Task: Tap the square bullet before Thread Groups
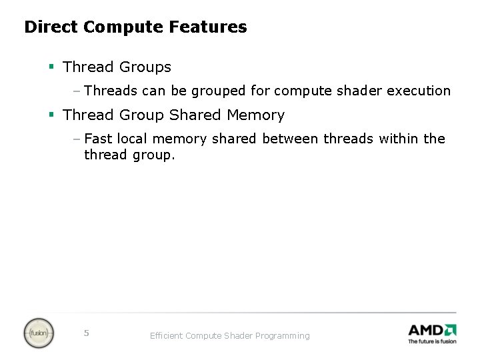coord(51,67)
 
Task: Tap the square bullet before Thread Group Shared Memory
coord(51,115)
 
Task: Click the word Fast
coord(98,139)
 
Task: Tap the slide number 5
coord(86,333)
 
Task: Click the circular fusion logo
coord(39,333)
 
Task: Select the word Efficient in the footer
coord(166,336)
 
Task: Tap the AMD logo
coord(432,330)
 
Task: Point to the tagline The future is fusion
coord(432,341)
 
